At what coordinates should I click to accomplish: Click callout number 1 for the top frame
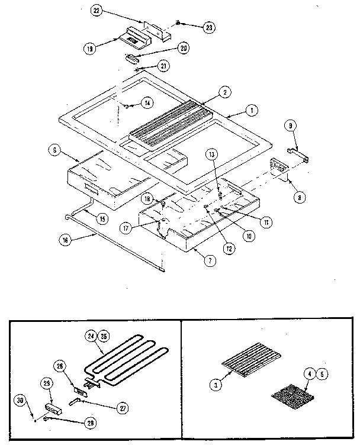pos(251,110)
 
